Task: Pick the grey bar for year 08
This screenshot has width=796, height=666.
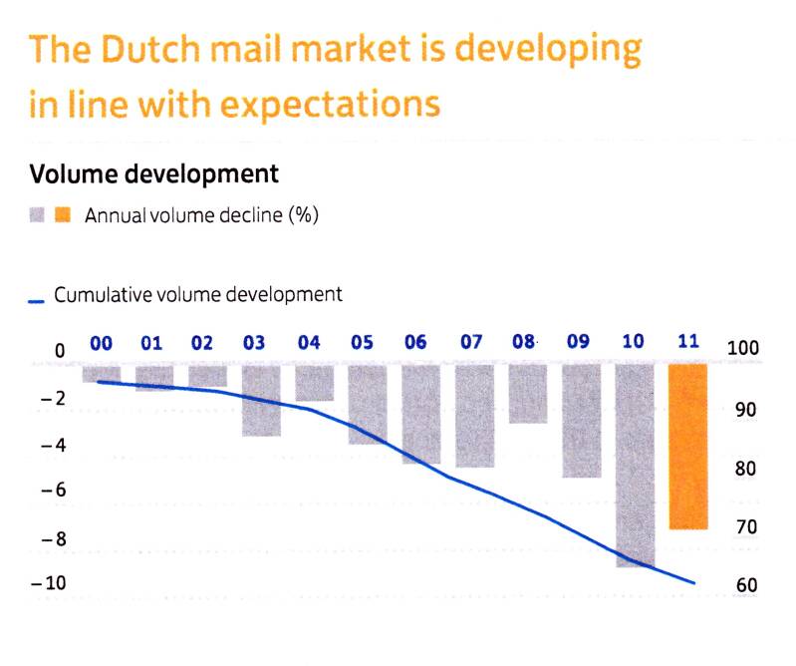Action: [527, 393]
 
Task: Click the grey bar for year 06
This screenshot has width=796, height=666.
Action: [420, 414]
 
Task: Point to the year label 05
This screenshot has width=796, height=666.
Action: [362, 343]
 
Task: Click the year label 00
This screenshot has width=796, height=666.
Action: [101, 343]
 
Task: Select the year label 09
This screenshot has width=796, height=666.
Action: [578, 343]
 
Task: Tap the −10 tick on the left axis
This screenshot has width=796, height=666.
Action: [48, 584]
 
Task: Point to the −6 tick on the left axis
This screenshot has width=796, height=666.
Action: [51, 491]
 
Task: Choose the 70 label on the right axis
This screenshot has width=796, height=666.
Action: [746, 527]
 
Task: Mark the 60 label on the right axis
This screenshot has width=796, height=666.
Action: [746, 585]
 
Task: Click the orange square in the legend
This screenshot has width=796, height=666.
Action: [63, 215]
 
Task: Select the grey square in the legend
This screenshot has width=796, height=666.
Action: [38, 215]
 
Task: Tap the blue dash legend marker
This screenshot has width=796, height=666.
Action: [37, 299]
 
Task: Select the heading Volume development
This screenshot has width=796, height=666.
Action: [153, 174]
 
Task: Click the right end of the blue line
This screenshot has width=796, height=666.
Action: [693, 583]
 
